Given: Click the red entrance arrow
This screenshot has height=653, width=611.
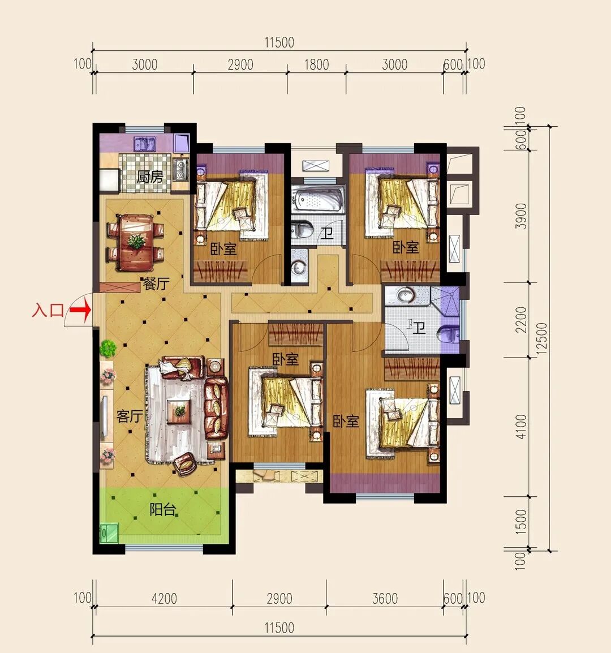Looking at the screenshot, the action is coord(80,310).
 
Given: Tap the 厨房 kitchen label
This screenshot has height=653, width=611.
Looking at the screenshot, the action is coord(150,177).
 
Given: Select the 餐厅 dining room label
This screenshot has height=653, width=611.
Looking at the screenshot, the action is coord(156,284).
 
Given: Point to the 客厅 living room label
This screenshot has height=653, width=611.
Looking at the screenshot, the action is coord(130,416).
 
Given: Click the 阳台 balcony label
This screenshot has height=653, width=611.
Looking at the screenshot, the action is coord(163,510).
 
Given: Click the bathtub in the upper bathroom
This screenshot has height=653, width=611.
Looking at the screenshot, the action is coord(318,200).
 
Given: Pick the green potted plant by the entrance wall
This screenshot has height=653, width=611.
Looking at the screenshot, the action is coord(108,348).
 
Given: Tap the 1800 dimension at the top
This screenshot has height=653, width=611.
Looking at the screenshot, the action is coord(317,65).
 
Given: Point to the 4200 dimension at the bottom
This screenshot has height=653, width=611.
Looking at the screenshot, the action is coord(164,599).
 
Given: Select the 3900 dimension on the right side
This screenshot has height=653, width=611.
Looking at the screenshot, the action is coord(520,216).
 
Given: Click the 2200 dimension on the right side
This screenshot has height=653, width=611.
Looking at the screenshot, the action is coord(520,320).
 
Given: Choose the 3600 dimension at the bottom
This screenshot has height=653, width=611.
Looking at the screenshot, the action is coord(385,599).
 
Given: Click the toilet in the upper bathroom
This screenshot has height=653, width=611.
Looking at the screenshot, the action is coord(302,230).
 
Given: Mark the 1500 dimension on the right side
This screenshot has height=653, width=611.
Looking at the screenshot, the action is coord(520,522).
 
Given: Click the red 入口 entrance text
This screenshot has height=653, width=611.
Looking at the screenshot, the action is coord(48,310).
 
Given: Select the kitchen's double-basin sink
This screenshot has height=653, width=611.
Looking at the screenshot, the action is coord(144,144).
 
